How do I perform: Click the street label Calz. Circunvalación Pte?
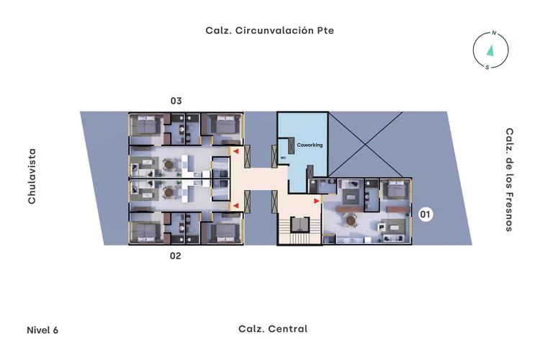[x=270, y=30]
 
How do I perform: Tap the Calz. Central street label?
[x=273, y=328]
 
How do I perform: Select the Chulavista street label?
[x=32, y=176]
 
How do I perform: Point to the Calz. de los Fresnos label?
[x=510, y=179]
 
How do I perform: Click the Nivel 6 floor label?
[x=42, y=330]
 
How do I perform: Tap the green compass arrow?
[x=490, y=50]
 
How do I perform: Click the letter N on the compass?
[x=494, y=33]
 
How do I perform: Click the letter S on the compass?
[x=487, y=68]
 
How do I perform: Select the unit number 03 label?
[x=176, y=101]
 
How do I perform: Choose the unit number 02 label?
[x=175, y=256]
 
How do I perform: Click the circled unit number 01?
[x=426, y=215]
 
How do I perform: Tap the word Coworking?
[x=310, y=145]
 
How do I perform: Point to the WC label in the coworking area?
[x=284, y=158]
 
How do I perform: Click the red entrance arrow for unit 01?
[x=317, y=201]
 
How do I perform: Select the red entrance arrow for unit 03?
[x=236, y=151]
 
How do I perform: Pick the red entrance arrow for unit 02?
[x=236, y=206]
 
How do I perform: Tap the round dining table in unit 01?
[x=351, y=220]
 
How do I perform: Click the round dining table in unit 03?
[x=168, y=164]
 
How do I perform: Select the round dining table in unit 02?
[x=168, y=192]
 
